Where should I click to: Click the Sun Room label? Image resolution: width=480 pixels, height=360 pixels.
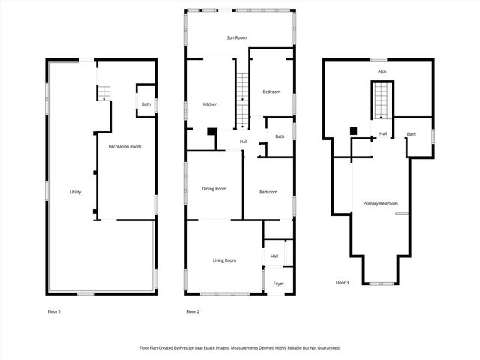click(x=237, y=37)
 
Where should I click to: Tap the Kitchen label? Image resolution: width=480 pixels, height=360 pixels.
click(x=210, y=104)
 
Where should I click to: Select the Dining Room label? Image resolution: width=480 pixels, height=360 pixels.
click(x=214, y=189)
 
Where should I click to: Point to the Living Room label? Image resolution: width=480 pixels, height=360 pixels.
click(x=224, y=260)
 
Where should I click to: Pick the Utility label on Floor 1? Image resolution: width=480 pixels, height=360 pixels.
click(x=76, y=193)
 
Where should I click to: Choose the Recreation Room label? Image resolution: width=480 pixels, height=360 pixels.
click(x=124, y=146)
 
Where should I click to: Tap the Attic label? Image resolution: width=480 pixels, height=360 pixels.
click(x=382, y=71)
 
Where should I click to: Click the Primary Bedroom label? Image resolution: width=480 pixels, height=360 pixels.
click(x=380, y=204)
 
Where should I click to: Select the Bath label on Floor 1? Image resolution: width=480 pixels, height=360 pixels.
click(x=145, y=104)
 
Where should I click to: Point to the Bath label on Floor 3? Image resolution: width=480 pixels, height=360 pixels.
click(x=411, y=134)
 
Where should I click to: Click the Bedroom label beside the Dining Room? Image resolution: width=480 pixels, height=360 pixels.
click(x=268, y=192)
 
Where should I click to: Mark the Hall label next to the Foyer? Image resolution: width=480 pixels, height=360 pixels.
click(x=274, y=256)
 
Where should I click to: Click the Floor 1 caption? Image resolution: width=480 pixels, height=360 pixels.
click(x=53, y=310)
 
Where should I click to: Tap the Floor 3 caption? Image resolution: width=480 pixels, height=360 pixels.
click(x=342, y=283)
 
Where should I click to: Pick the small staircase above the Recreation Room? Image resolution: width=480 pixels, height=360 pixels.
click(x=104, y=93)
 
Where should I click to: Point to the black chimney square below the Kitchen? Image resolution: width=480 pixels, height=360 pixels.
click(x=212, y=132)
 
